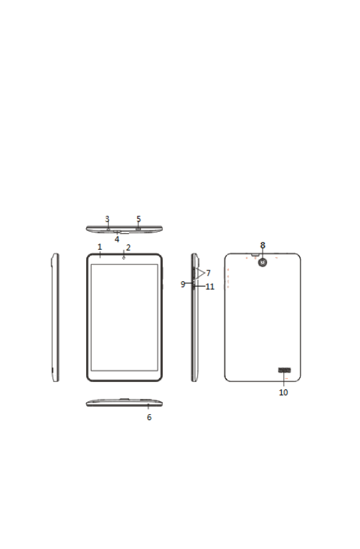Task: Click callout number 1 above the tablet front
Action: [100, 247]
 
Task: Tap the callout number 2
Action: [128, 248]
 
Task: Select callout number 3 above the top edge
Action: [107, 219]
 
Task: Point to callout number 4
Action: [117, 239]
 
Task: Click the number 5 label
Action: [139, 219]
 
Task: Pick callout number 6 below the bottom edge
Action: [149, 417]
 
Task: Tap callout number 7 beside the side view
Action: [208, 272]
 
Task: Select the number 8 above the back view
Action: [262, 245]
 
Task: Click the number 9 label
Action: [183, 285]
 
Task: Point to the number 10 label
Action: [283, 393]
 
